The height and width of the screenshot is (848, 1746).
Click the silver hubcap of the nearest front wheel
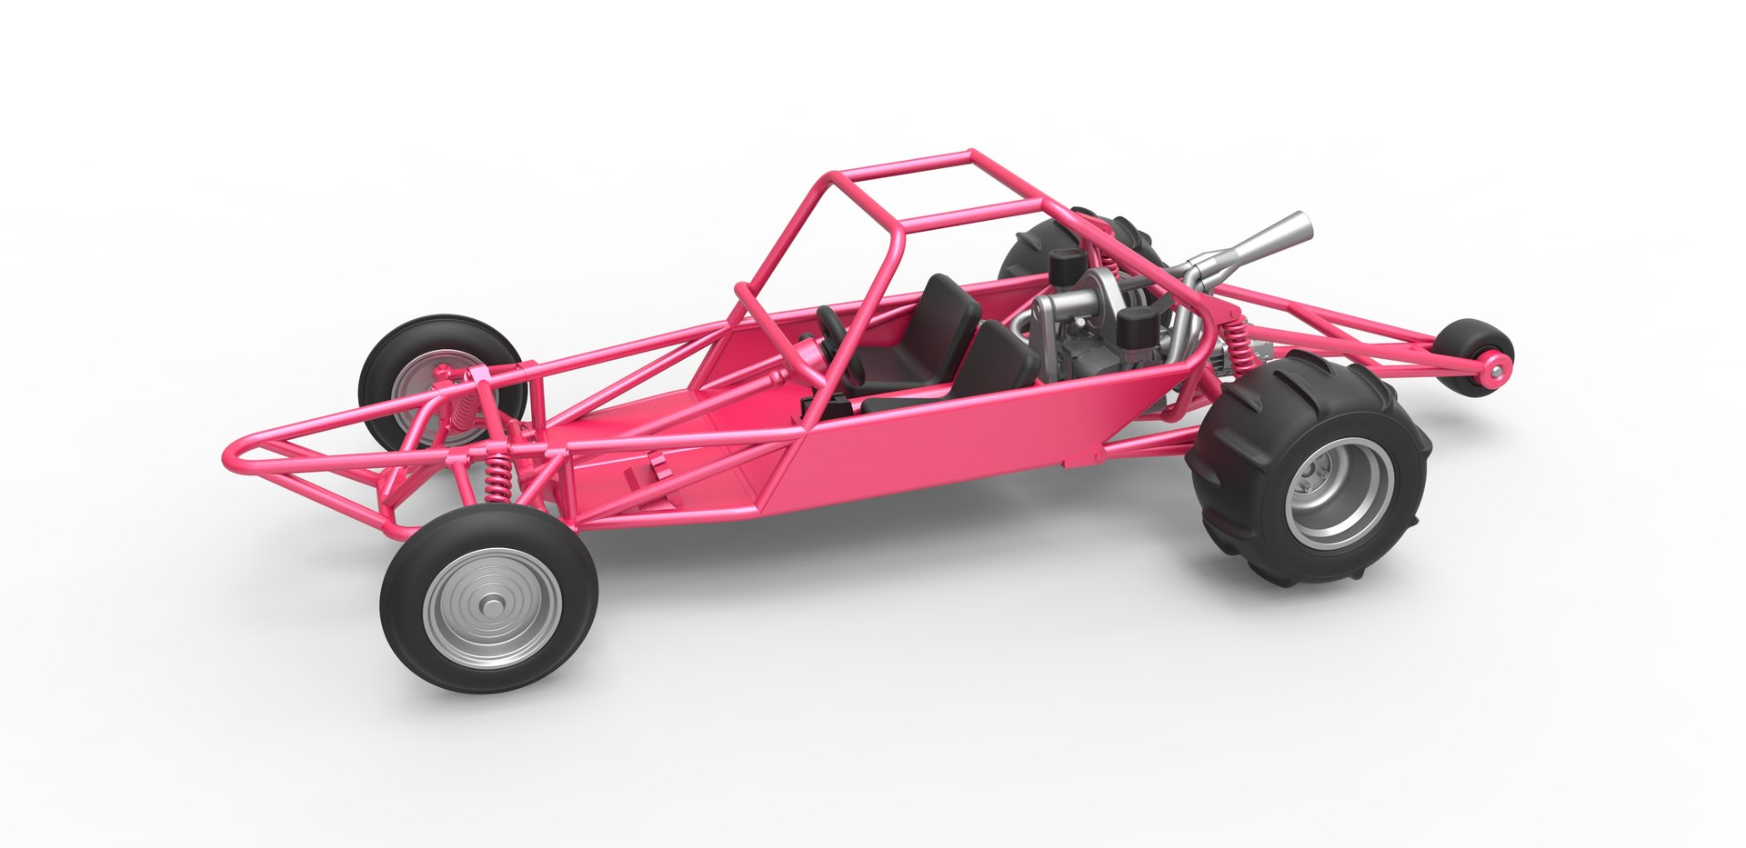click(492, 605)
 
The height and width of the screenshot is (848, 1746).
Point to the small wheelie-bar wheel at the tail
click(1477, 355)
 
